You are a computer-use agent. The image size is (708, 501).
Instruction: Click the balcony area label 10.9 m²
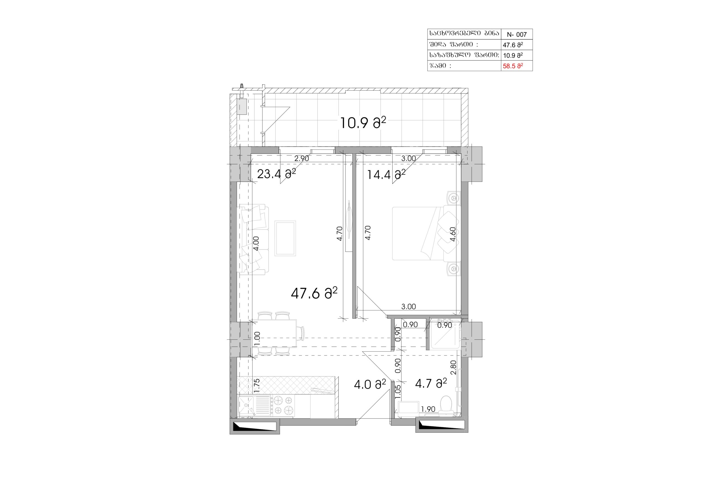pos(363,123)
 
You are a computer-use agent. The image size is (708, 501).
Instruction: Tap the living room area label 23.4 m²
pos(276,174)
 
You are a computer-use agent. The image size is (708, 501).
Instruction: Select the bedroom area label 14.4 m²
pos(386,175)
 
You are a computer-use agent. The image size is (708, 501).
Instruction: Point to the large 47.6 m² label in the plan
pos(314,293)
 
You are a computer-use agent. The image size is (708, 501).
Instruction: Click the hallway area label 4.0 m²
pos(370,384)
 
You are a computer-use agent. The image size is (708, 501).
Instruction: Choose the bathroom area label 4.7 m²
pos(431,383)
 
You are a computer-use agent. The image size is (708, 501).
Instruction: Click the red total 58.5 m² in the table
pos(513,66)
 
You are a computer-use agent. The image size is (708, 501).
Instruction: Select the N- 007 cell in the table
pos(517,35)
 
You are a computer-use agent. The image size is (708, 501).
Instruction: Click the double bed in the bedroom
pos(426,233)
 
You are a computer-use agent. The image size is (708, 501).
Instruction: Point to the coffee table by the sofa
pos(285,238)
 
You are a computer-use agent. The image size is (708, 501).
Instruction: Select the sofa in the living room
pos(253,239)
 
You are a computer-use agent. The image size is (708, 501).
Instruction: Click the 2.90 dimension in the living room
pos(301,158)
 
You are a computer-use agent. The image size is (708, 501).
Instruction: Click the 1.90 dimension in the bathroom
pos(428,409)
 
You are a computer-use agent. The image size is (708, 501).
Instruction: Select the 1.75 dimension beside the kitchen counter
pos(257,386)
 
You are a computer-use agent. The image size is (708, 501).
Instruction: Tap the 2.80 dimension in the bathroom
pos(453,367)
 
